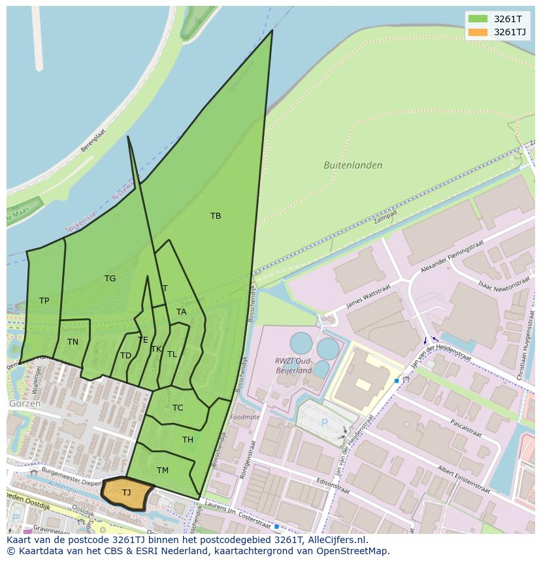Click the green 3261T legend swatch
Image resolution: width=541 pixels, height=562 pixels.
[x=478, y=19]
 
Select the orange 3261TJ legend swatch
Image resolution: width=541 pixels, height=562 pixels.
[x=478, y=32]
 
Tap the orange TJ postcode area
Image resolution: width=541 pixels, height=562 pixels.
[x=127, y=493]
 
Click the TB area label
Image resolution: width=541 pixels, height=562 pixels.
[x=216, y=216]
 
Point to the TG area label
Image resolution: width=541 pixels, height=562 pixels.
[x=110, y=279]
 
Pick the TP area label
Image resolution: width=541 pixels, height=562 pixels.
[x=44, y=301]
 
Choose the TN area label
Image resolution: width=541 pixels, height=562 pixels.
[x=73, y=341]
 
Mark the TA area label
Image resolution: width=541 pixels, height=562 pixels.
[x=182, y=312]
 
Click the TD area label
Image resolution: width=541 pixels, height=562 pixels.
[x=125, y=356]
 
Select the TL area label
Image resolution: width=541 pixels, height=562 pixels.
[x=172, y=354]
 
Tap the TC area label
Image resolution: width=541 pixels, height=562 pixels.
[x=178, y=408]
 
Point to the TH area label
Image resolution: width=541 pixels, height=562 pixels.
[x=188, y=440]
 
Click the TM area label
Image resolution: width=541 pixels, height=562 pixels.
[x=163, y=471]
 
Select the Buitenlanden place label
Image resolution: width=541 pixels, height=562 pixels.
[x=353, y=166]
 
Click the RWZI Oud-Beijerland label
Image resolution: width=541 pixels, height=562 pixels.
[x=292, y=366]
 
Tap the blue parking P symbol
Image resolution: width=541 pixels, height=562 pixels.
[x=324, y=423]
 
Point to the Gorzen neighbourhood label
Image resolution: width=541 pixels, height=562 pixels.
[x=25, y=403]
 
